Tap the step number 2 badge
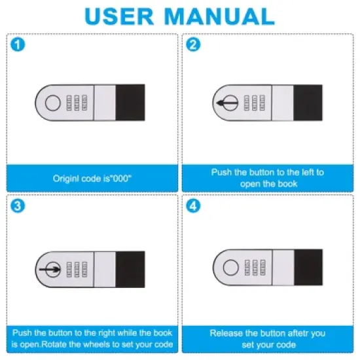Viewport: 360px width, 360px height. pos(193,45)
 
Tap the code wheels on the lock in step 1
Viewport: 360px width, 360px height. pos(75,103)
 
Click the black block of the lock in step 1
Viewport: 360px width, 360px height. pos(130,102)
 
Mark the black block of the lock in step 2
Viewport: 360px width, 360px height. pos(308,103)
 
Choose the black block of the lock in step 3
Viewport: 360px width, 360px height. pos(130,269)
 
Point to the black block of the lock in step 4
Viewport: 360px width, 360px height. pos(308,268)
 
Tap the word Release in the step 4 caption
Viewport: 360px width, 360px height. pos(225,333)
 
